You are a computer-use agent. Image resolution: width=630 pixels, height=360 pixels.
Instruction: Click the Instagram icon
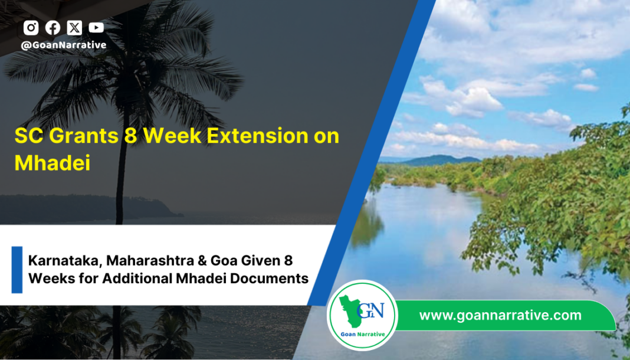point(31,28)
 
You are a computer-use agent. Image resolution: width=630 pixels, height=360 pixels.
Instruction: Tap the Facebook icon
point(52,28)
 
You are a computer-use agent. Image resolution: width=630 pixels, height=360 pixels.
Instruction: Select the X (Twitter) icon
point(74,28)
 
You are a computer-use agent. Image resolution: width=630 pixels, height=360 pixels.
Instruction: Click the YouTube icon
point(96,28)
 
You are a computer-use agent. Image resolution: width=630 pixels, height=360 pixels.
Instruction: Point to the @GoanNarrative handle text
point(64,45)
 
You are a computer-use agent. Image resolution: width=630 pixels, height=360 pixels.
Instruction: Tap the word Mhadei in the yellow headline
point(52,163)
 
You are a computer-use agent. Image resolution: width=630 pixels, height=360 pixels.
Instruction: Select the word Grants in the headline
point(84,136)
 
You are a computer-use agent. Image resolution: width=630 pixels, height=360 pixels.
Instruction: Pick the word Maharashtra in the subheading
point(150,261)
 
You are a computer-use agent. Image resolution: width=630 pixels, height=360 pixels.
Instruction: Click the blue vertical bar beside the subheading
point(17,270)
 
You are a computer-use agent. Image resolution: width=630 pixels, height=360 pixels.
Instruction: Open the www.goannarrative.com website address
point(500,315)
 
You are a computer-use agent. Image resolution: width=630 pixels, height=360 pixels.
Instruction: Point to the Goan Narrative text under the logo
point(362,334)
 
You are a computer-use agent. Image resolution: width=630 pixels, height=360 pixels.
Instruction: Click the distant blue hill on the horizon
point(438,160)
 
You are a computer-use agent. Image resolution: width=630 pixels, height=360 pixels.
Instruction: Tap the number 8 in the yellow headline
point(131,136)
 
